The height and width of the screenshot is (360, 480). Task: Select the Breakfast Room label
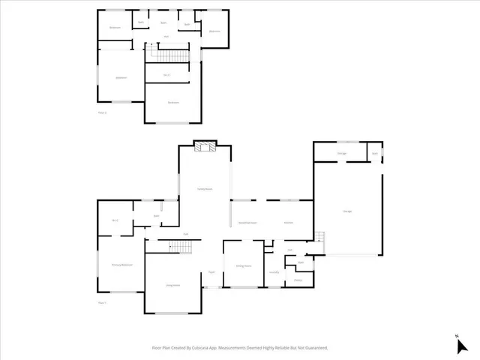[x=247, y=223]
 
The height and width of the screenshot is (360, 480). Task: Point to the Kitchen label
[x=288, y=223]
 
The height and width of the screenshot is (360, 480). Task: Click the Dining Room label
[x=243, y=266]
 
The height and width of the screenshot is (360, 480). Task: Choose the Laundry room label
[x=274, y=272]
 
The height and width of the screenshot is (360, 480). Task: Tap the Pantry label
[x=298, y=280]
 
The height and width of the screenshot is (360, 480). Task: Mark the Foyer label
[x=211, y=272]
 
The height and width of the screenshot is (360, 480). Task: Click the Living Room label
[x=173, y=285]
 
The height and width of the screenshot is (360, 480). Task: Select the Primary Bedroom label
[x=121, y=265]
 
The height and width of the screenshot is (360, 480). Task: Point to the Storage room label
[x=341, y=154]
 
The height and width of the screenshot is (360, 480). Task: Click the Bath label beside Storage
[x=375, y=154]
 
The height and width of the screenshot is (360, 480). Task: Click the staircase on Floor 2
[x=169, y=56]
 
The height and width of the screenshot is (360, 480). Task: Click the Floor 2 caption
[x=102, y=113]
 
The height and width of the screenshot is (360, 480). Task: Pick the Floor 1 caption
[x=102, y=302]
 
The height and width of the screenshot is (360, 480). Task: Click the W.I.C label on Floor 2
[x=166, y=75]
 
